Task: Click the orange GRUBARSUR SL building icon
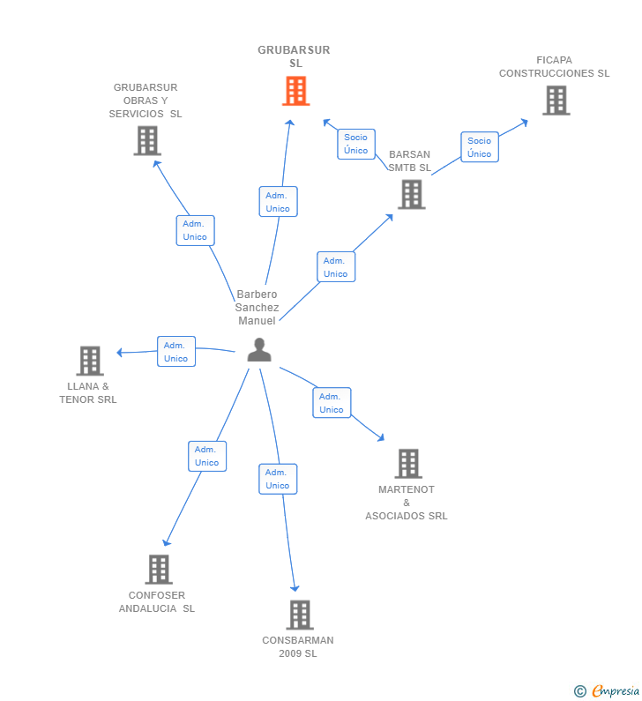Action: [296, 91]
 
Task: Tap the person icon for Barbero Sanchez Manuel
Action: [259, 349]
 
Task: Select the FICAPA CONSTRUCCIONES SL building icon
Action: [556, 101]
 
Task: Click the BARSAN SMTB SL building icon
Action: [412, 195]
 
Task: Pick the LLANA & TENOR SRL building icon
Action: [90, 361]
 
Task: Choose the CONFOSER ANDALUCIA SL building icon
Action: [159, 570]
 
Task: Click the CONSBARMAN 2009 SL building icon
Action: [300, 615]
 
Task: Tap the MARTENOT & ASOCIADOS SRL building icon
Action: [408, 464]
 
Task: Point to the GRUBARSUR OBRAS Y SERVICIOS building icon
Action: [147, 141]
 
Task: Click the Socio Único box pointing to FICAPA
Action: [480, 147]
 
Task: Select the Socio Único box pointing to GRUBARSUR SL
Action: [356, 144]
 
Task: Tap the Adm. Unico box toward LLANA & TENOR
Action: [176, 352]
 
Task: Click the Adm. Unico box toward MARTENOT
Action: [332, 403]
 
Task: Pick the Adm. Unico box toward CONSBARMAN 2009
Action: [278, 479]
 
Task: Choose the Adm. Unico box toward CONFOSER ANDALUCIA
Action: [207, 456]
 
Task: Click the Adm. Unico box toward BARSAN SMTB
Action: [336, 267]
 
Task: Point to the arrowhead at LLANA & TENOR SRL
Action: [119, 353]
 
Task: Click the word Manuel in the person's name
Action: [258, 321]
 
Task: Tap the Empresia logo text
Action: [616, 690]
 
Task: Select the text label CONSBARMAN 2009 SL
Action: [298, 647]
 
